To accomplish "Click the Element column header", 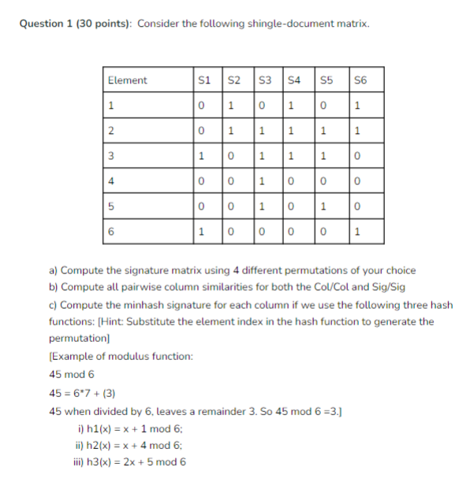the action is click(x=127, y=80).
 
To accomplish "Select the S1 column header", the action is click(x=204, y=80).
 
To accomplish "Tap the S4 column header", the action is click(x=294, y=80).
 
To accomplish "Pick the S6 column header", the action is click(x=360, y=80).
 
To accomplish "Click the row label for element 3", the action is click(x=112, y=156).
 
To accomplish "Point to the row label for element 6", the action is click(x=112, y=232).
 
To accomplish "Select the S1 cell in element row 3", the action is click(x=203, y=156).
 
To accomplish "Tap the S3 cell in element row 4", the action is click(x=261, y=181).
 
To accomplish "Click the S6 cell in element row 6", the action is click(x=359, y=232).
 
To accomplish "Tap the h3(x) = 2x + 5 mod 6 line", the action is click(x=131, y=462).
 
